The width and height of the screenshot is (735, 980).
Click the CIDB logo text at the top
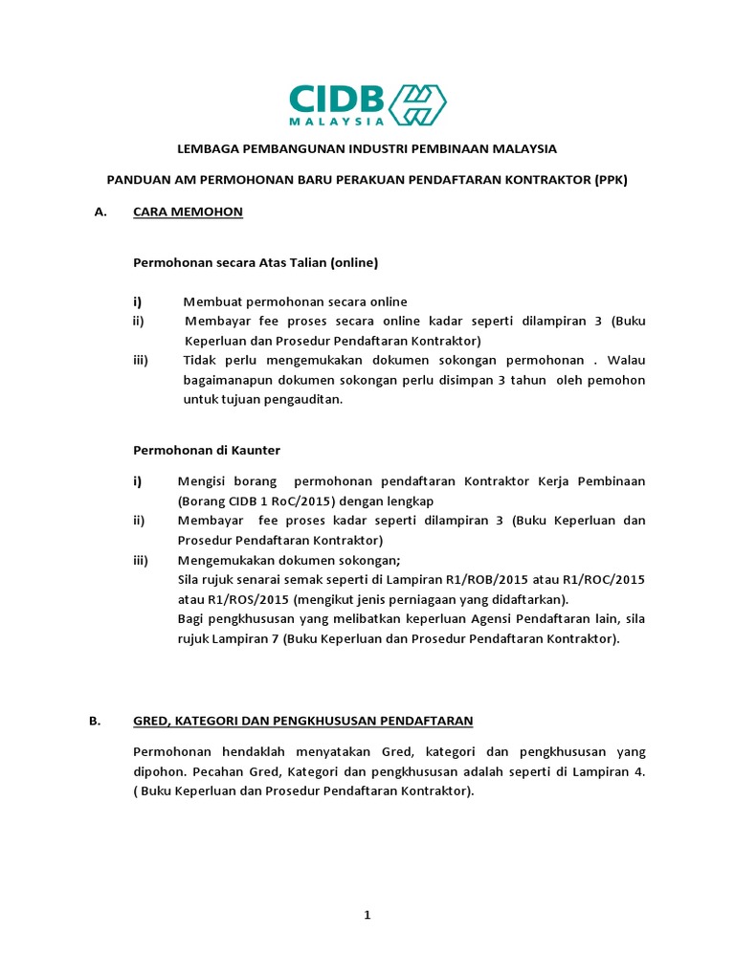coord(337,100)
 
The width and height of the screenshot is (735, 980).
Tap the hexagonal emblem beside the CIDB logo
coord(416,104)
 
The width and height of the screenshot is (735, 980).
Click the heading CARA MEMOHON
coord(188,212)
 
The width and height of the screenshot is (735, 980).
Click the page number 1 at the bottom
coord(367,915)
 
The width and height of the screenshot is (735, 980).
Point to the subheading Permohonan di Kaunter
coord(207,449)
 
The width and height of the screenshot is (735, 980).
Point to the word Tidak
coord(199,360)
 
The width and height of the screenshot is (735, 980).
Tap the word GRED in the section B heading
coord(151,721)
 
